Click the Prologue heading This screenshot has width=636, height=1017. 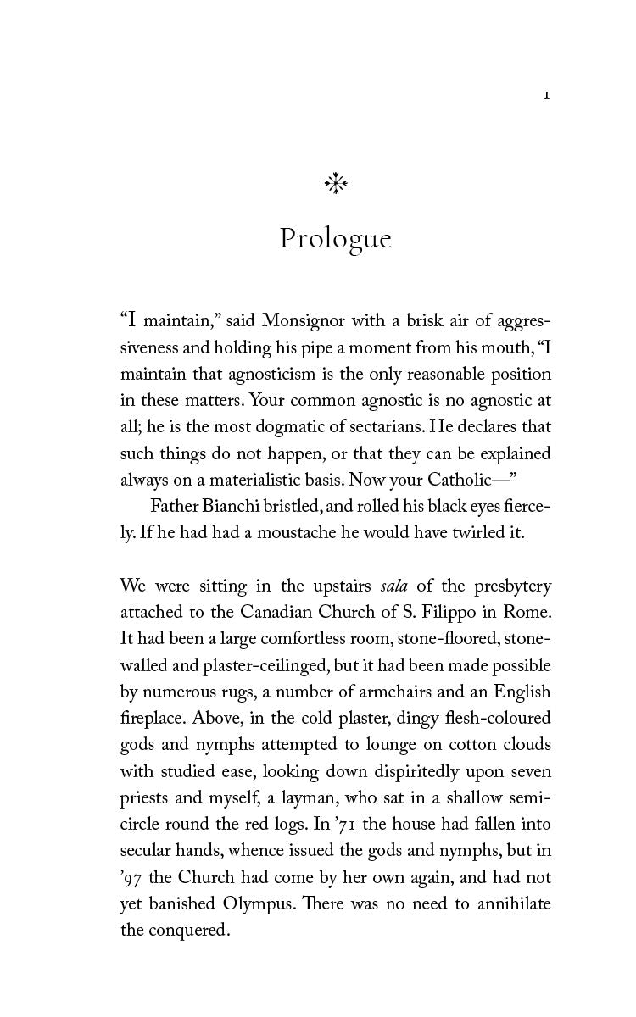pyautogui.click(x=335, y=239)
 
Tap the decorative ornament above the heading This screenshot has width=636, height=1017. pyautogui.click(x=336, y=184)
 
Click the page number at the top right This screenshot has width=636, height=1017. pyautogui.click(x=547, y=97)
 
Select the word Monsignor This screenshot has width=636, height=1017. pyautogui.click(x=305, y=321)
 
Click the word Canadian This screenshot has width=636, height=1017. pyautogui.click(x=276, y=612)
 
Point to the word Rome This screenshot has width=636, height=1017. pyautogui.click(x=527, y=612)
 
